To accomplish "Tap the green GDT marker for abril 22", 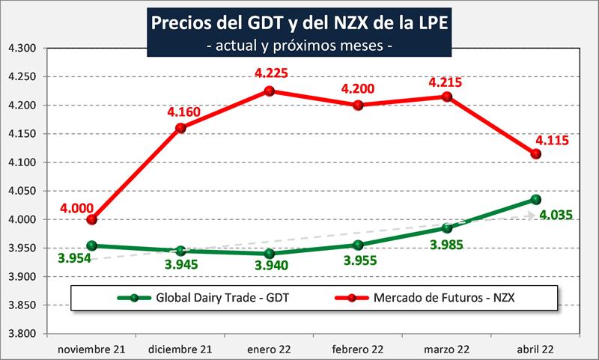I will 535,199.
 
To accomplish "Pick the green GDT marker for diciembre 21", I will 181,251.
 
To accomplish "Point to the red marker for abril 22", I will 535,153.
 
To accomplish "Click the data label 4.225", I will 270,74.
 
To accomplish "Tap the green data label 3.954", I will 75,259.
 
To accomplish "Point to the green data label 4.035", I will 555,216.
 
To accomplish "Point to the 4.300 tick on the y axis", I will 22,48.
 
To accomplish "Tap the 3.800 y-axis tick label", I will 22,334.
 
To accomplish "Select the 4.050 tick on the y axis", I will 22,191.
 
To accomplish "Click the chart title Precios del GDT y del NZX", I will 299,22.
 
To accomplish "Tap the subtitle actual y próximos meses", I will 299,46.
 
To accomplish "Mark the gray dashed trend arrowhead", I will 531,216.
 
